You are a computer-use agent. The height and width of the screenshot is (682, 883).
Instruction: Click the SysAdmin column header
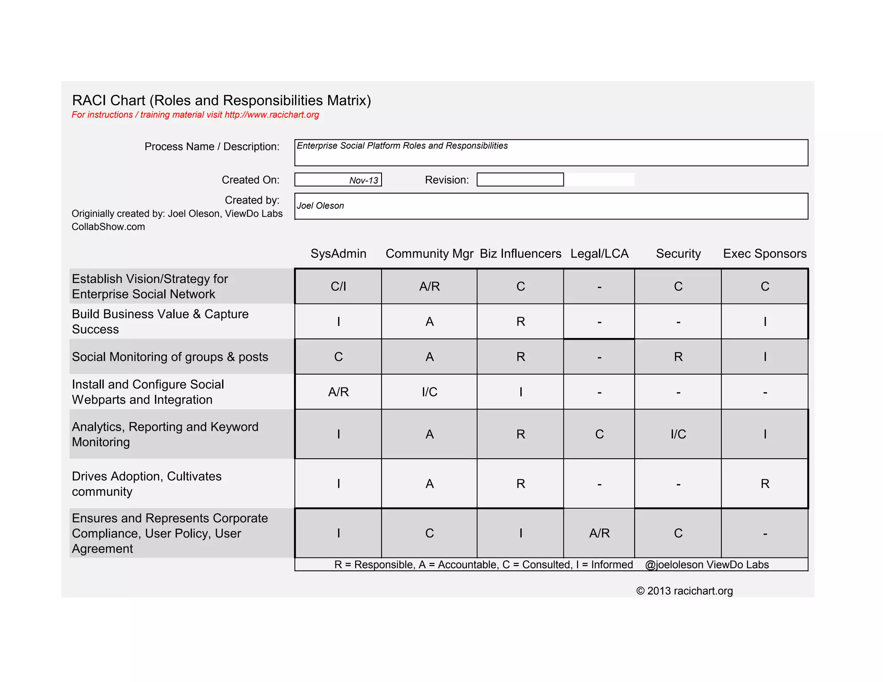click(x=338, y=253)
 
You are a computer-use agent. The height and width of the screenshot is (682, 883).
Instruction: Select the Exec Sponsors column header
click(x=764, y=253)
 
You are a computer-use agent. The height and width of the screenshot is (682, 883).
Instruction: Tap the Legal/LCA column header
click(x=599, y=253)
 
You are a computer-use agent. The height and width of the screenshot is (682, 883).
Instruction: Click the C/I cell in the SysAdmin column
click(x=338, y=286)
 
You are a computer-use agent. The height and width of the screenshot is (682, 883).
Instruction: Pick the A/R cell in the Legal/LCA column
click(x=599, y=533)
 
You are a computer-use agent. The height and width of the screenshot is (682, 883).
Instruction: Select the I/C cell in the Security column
click(x=678, y=434)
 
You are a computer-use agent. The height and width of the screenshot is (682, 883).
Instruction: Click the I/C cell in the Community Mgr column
click(x=429, y=392)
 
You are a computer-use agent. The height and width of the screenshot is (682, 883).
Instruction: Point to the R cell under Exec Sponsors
click(x=765, y=484)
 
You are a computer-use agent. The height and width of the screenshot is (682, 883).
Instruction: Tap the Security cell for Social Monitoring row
click(x=678, y=357)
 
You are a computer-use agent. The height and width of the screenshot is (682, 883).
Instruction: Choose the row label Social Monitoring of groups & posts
click(x=170, y=357)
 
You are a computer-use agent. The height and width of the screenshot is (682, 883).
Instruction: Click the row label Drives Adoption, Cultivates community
click(x=147, y=484)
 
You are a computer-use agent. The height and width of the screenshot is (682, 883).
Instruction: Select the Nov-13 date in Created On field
click(x=363, y=180)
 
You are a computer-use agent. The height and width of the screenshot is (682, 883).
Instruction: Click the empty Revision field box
click(x=520, y=180)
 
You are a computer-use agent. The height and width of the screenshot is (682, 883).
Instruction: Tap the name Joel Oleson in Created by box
click(x=320, y=206)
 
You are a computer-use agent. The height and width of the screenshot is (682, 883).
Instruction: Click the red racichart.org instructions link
click(x=272, y=115)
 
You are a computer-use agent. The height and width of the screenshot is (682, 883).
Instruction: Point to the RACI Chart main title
click(x=221, y=100)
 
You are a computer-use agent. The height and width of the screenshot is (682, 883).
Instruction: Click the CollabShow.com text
click(x=108, y=227)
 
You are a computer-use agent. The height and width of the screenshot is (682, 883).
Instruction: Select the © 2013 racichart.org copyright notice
click(x=684, y=591)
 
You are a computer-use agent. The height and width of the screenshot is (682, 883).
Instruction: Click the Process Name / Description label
click(x=212, y=147)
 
